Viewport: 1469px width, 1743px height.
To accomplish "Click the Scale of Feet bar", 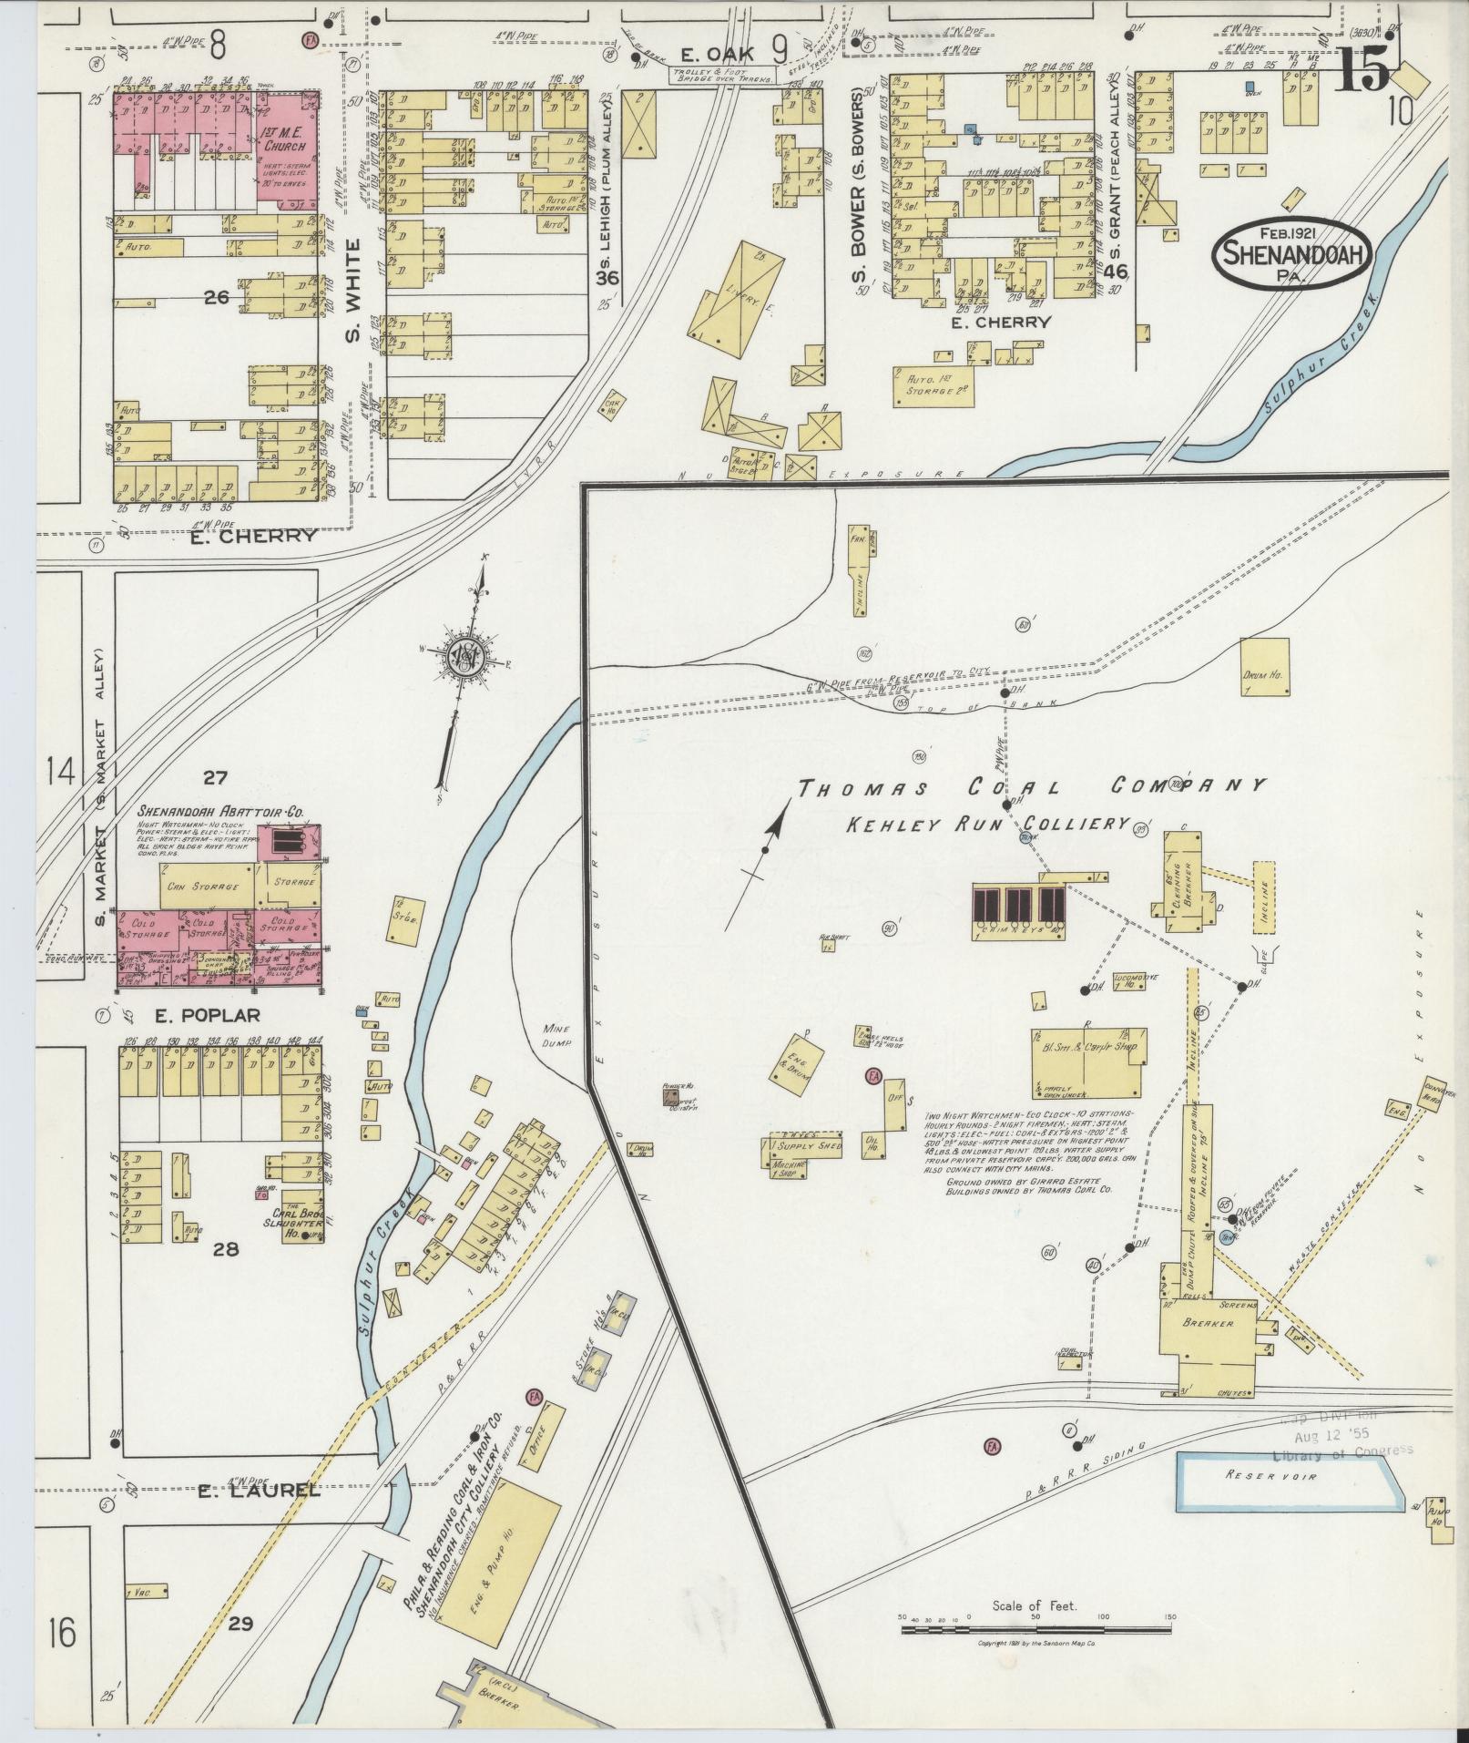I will click(1035, 1629).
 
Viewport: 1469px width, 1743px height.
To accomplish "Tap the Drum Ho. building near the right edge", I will click(1265, 667).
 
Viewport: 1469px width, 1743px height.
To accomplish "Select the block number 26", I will click(216, 296).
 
